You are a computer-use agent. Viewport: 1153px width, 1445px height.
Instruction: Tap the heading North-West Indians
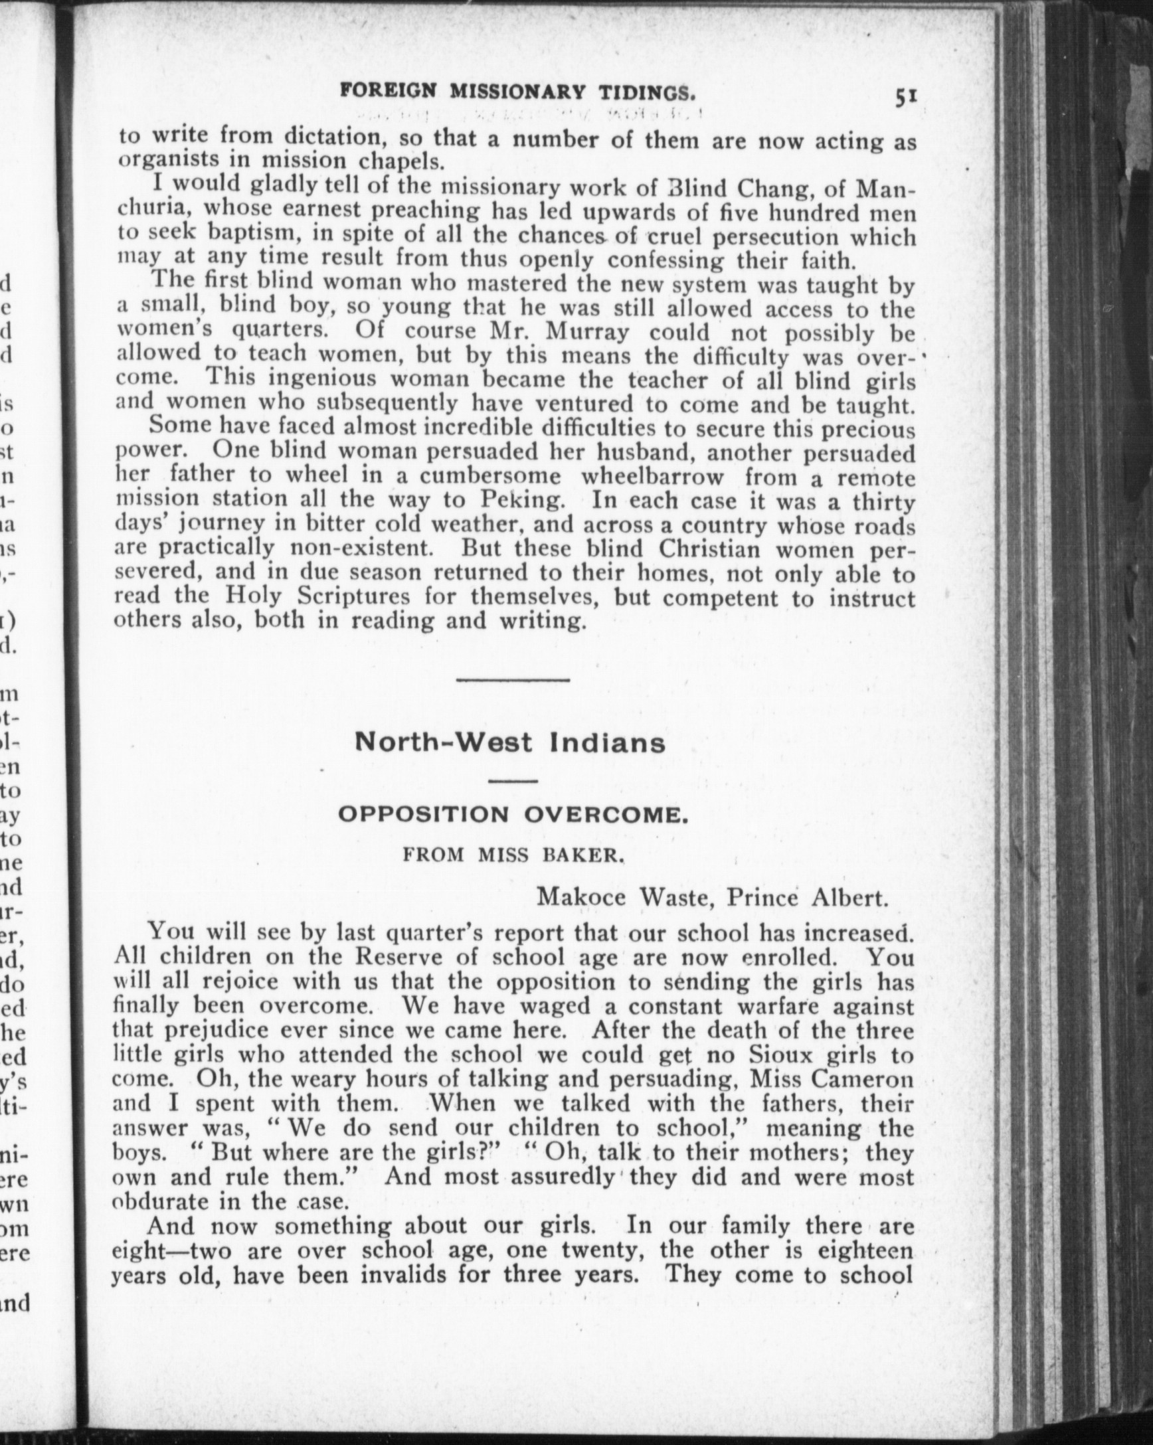tap(510, 743)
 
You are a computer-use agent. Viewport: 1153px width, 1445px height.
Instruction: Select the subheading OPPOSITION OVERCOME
tap(513, 815)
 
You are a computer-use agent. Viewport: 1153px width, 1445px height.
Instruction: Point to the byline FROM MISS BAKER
tap(513, 855)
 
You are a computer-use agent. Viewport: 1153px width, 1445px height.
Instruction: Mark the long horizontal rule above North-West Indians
tap(513, 680)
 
